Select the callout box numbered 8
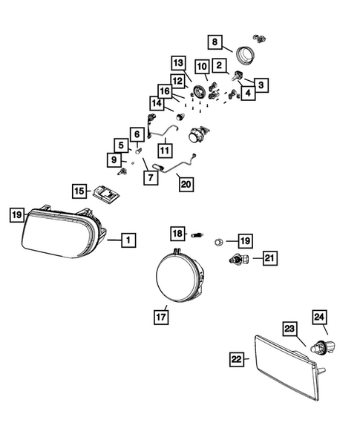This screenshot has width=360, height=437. tap(215, 43)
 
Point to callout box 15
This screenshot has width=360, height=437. tap(79, 191)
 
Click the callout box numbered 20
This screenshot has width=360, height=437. tap(185, 183)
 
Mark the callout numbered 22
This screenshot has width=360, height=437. tap(236, 358)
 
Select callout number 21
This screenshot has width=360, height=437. tap(269, 257)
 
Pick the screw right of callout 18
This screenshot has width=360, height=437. tap(198, 236)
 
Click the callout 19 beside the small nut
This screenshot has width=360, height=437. tap(244, 240)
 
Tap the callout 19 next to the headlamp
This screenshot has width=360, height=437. tap(16, 215)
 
